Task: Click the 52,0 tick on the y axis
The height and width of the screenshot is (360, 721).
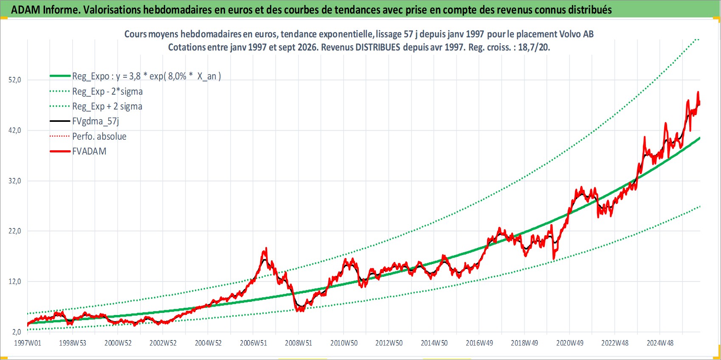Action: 15,80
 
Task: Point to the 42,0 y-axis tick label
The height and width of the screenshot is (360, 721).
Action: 15,130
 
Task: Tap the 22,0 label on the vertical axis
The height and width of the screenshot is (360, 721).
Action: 15,231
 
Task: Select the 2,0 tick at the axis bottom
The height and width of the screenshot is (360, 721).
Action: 17,332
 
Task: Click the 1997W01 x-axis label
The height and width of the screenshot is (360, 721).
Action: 27,343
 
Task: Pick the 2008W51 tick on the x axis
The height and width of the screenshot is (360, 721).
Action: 299,343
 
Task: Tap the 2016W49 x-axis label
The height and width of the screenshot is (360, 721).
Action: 479,343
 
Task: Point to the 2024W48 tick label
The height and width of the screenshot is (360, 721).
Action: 660,343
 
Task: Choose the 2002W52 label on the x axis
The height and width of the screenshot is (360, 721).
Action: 163,343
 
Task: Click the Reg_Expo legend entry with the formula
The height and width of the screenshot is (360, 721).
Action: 135,76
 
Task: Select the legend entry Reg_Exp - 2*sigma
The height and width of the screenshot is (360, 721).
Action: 96,91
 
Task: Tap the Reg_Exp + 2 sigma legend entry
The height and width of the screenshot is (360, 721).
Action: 96,106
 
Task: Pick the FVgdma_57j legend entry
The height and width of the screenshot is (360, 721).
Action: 84,121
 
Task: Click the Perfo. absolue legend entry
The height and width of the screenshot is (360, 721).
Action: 88,136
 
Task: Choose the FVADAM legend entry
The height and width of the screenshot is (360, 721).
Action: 78,151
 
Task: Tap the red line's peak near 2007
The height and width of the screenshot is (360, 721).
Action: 266,248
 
